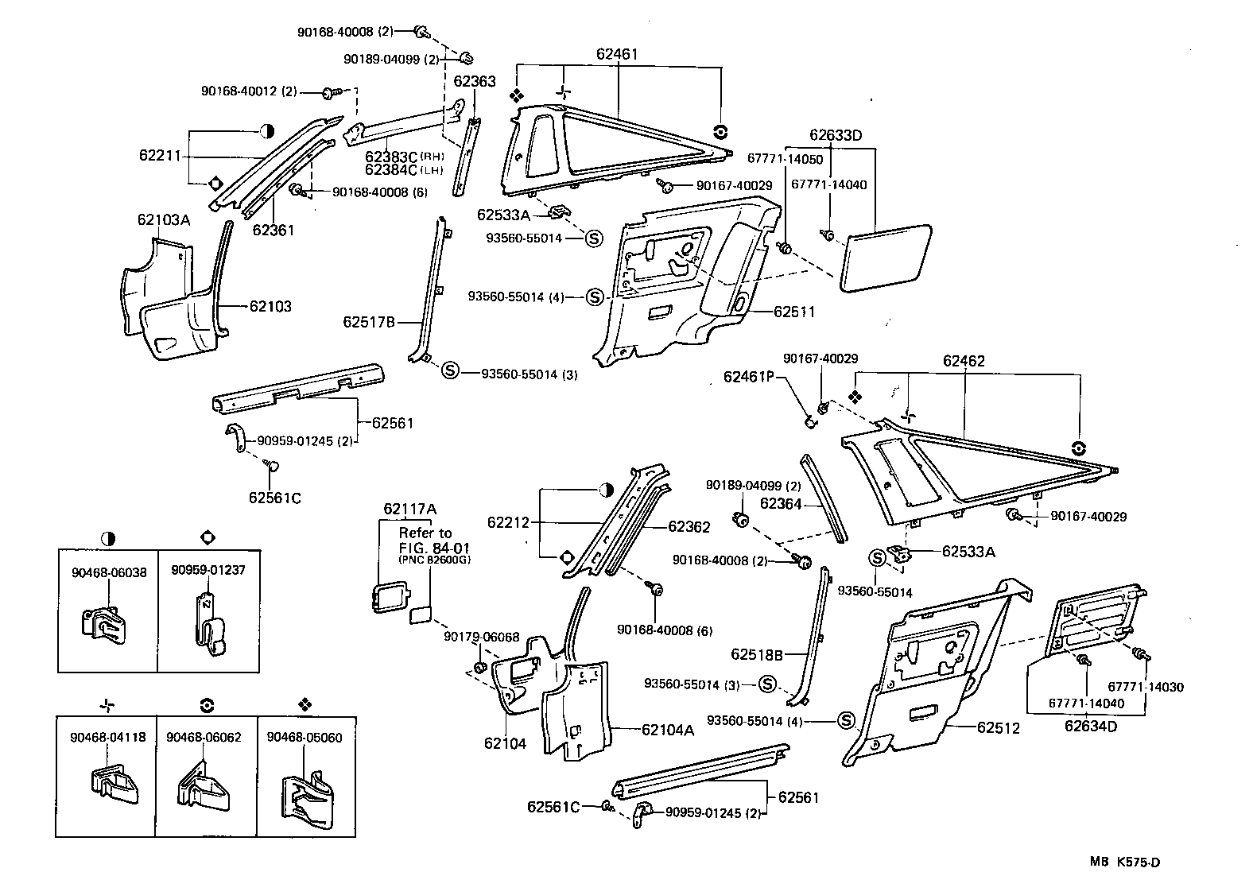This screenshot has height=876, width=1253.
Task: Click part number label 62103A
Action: click(163, 220)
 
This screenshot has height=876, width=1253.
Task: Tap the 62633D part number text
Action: click(836, 135)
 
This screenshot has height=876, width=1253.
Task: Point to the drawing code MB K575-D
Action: click(1130, 862)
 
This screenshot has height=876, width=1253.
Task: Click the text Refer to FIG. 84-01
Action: click(425, 540)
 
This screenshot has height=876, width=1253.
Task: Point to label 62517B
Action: click(369, 322)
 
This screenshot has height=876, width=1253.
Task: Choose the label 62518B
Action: click(757, 654)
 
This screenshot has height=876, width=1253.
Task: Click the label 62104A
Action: click(668, 729)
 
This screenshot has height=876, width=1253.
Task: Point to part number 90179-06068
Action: click(481, 637)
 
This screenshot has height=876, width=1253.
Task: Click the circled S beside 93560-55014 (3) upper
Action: click(450, 370)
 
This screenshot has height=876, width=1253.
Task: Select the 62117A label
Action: click(409, 509)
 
